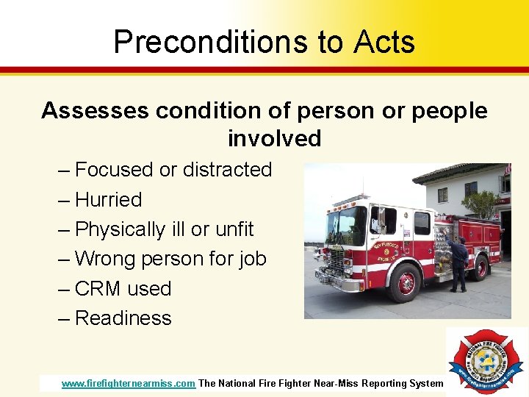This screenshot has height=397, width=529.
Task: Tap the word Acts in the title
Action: coord(384,42)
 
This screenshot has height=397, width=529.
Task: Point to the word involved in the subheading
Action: coord(274,138)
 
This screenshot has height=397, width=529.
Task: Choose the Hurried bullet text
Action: coord(109,200)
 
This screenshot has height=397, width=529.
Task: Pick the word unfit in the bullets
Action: coord(234,229)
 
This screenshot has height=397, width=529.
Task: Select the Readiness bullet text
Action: coord(123,318)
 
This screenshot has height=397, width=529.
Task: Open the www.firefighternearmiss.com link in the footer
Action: coord(129,383)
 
